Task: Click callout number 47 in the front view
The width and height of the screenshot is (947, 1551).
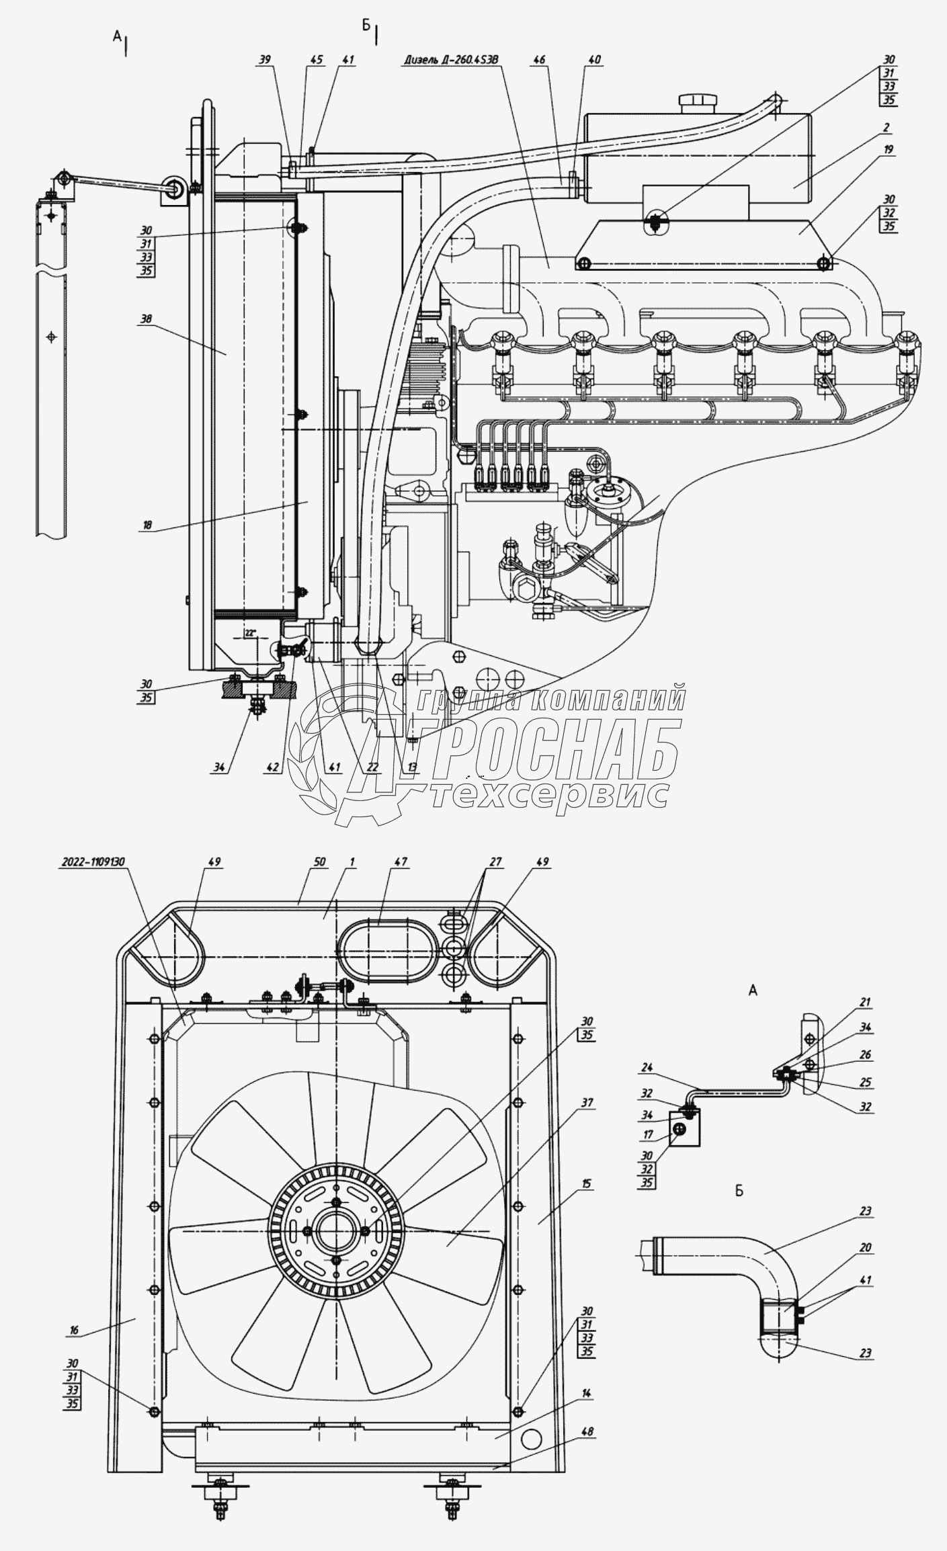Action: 401,862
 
